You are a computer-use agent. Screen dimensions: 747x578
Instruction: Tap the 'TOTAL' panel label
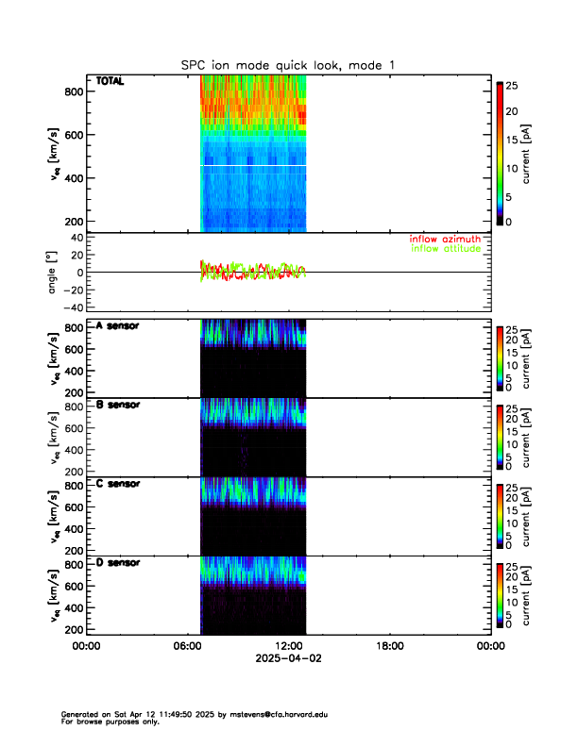click(110, 82)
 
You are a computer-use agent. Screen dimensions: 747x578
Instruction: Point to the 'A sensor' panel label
click(118, 326)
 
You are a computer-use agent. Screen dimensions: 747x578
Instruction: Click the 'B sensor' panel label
click(118, 406)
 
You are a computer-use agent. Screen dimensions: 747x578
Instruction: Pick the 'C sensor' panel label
click(118, 484)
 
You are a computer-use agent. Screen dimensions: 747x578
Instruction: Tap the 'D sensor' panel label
click(118, 563)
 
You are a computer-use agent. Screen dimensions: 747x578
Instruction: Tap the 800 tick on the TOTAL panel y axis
click(72, 91)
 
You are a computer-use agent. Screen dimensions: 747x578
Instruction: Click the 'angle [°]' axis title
click(54, 273)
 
